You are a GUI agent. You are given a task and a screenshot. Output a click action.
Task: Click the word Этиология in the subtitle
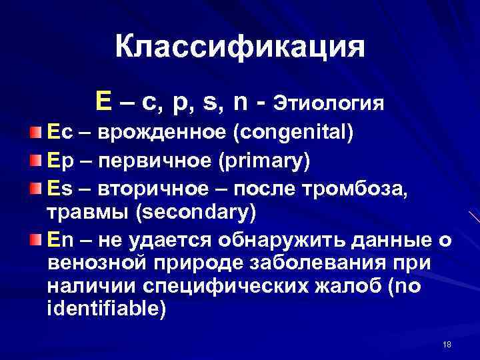tap(330, 103)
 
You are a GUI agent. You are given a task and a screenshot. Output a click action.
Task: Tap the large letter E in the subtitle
tap(104, 101)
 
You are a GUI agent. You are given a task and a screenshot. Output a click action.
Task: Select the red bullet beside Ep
tap(42, 161)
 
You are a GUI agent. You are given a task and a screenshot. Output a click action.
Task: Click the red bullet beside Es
tap(42, 189)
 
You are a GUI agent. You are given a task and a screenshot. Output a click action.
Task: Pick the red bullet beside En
tap(42, 239)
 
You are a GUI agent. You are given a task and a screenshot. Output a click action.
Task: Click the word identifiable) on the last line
tap(105, 311)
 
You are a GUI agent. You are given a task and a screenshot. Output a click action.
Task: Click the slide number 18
tap(447, 344)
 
